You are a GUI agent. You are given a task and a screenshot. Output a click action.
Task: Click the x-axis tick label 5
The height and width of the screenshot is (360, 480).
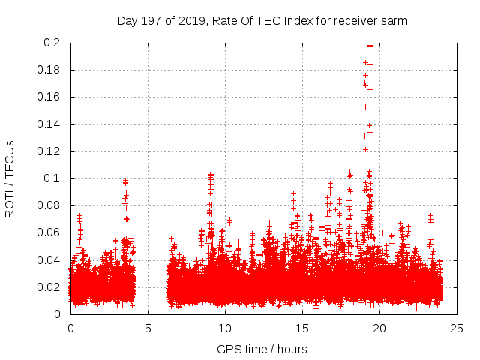click(148, 328)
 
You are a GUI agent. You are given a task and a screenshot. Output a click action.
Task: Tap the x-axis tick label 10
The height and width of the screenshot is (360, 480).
click(225, 328)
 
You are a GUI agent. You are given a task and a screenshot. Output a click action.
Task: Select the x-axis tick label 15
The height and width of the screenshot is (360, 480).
click(302, 328)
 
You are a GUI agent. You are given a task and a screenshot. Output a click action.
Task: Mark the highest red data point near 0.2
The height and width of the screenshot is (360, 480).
click(370, 46)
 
